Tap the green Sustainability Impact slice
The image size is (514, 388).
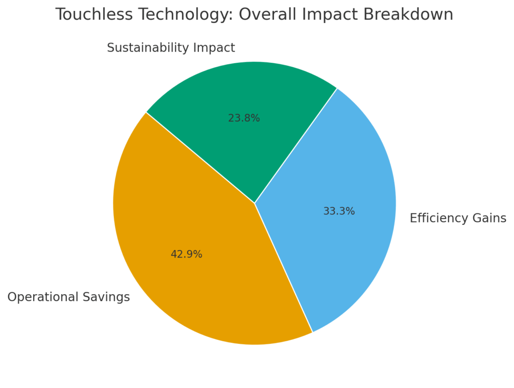click(251, 90)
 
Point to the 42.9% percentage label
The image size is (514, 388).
click(186, 254)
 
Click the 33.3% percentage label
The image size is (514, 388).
click(339, 211)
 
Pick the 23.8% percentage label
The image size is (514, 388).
click(244, 118)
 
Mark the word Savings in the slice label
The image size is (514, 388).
click(108, 297)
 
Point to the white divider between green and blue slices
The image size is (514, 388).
click(296, 146)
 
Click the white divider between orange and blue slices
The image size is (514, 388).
click(284, 268)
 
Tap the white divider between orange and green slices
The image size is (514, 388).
click(201, 158)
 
